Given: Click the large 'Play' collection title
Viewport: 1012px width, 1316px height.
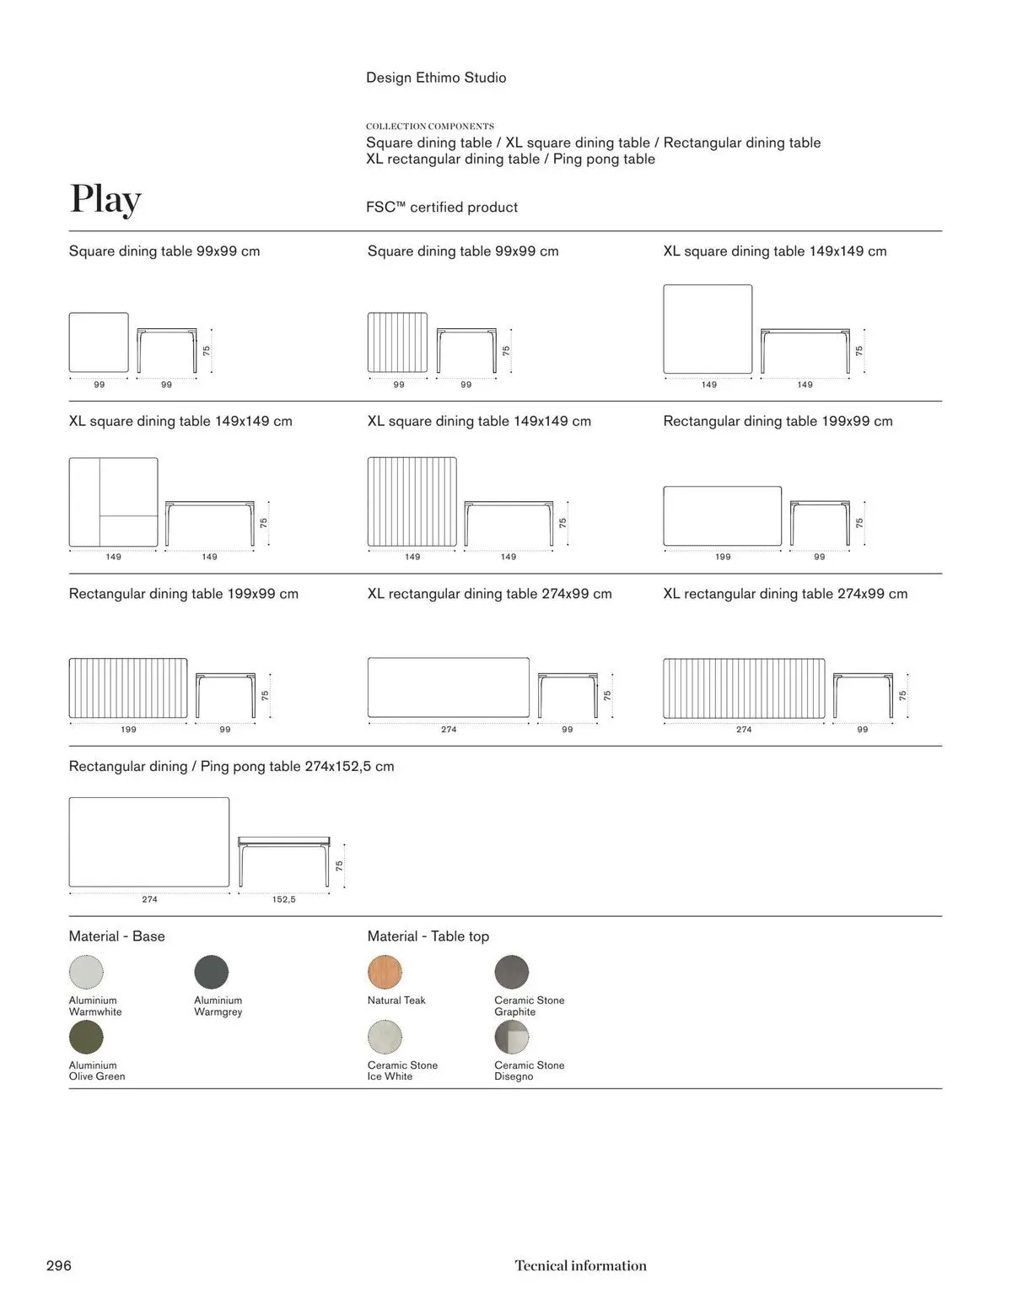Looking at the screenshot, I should pyautogui.click(x=105, y=199).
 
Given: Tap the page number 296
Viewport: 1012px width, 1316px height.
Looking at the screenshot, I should pyautogui.click(x=59, y=1265).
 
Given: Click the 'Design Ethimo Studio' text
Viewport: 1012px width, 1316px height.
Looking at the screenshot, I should pyautogui.click(x=436, y=78).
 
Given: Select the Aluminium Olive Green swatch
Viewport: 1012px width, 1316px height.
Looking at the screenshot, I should pyautogui.click(x=86, y=1037).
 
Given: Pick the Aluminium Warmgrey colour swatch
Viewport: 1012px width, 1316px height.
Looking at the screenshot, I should pyautogui.click(x=212, y=972).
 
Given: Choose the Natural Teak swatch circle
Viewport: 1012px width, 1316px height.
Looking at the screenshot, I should pyautogui.click(x=385, y=972).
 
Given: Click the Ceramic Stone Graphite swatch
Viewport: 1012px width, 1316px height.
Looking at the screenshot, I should pyautogui.click(x=512, y=972).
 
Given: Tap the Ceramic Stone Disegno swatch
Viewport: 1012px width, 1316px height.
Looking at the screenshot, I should pyautogui.click(x=512, y=1037).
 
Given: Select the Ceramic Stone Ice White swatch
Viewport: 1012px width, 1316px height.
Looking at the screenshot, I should pyautogui.click(x=385, y=1037).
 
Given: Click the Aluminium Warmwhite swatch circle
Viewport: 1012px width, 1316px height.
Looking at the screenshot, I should pyautogui.click(x=86, y=972).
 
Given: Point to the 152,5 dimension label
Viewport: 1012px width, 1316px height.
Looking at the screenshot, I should pyautogui.click(x=283, y=899).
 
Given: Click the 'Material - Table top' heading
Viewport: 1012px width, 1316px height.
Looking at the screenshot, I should pyautogui.click(x=428, y=936).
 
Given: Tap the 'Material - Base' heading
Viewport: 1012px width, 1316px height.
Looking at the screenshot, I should pyautogui.click(x=116, y=936).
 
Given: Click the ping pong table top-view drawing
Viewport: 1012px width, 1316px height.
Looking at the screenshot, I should pyautogui.click(x=149, y=842).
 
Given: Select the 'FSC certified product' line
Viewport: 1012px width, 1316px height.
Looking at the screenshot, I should pyautogui.click(x=442, y=208).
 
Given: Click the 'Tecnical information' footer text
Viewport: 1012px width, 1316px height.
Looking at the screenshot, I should pyautogui.click(x=580, y=1265).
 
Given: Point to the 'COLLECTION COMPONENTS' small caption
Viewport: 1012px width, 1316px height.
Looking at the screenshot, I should pyautogui.click(x=430, y=127).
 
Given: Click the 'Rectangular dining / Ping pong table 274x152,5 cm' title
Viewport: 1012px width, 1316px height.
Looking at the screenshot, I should pyautogui.click(x=231, y=767).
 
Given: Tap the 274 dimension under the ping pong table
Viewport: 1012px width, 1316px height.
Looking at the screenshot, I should pyautogui.click(x=149, y=899).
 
